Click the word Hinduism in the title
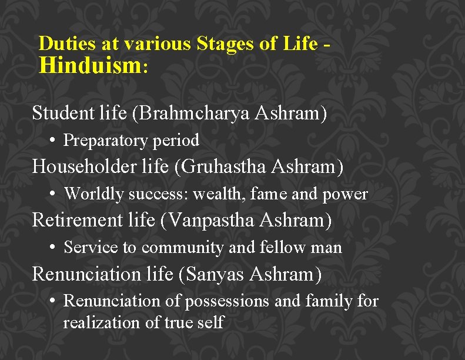tap(90, 65)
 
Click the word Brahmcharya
tap(192, 113)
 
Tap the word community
tap(182, 248)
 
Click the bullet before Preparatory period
tap(53, 140)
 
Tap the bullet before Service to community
tap(53, 247)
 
